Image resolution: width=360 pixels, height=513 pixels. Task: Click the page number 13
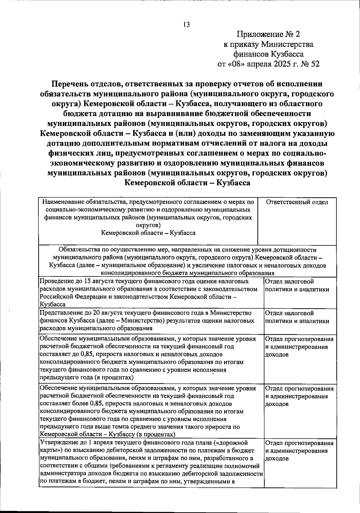(x=186, y=25)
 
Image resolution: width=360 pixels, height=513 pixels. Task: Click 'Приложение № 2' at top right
(x=268, y=34)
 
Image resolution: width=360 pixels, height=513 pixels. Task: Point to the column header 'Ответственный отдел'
(x=297, y=202)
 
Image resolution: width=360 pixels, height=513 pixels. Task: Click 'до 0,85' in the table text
(x=82, y=354)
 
